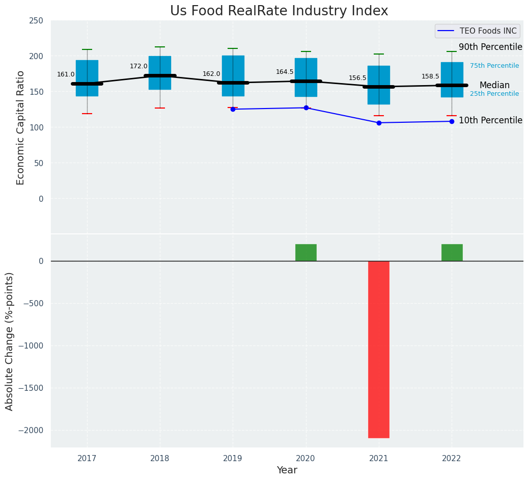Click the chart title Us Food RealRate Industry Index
tap(279, 11)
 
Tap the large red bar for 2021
tap(379, 349)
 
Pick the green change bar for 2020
tap(306, 253)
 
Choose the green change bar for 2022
tap(452, 253)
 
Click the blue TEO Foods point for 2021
tap(379, 123)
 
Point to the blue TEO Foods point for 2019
tap(233, 109)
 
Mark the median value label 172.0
tap(138, 66)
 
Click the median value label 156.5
tap(357, 78)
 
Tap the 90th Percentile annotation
tap(490, 47)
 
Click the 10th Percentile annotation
tap(490, 121)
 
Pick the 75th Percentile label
tap(494, 66)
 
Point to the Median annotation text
tap(494, 86)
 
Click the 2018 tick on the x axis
tap(160, 459)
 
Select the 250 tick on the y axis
tap(37, 20)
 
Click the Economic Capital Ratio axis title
tap(21, 127)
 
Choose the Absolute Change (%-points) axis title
tap(10, 341)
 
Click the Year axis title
tap(287, 470)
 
